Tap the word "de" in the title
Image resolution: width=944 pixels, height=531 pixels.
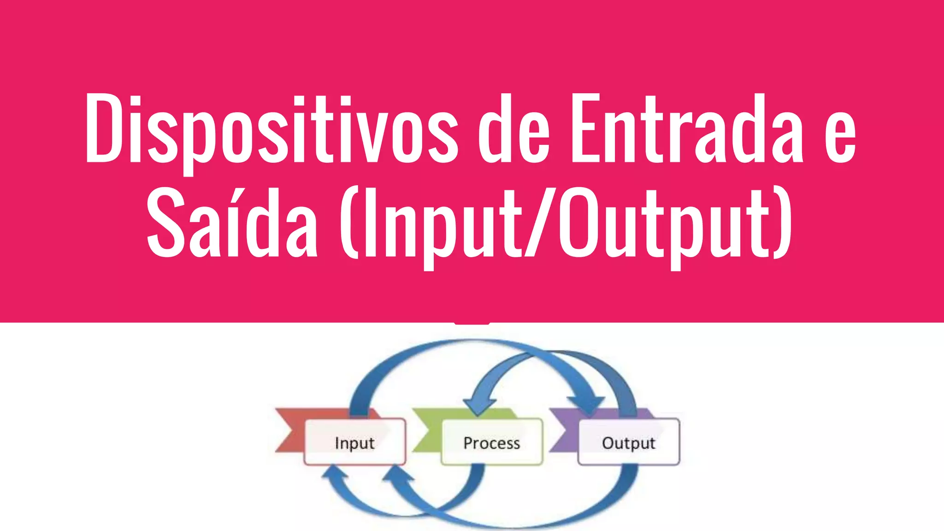(x=514, y=131)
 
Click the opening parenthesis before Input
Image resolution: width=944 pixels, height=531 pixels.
(x=349, y=224)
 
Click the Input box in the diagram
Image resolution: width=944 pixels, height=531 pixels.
(x=354, y=442)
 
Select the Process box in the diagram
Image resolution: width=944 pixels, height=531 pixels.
(x=491, y=442)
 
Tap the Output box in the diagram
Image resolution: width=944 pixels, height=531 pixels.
(x=628, y=442)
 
